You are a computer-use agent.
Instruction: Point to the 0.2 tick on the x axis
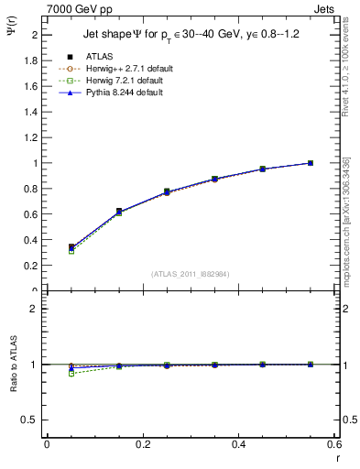(143, 444)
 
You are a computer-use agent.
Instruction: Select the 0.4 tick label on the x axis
(239, 444)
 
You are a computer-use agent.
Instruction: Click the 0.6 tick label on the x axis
(334, 444)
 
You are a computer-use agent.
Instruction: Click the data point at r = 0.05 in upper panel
(71, 247)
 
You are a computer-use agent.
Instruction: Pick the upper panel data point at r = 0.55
(311, 163)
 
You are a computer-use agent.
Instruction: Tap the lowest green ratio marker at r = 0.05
(71, 374)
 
